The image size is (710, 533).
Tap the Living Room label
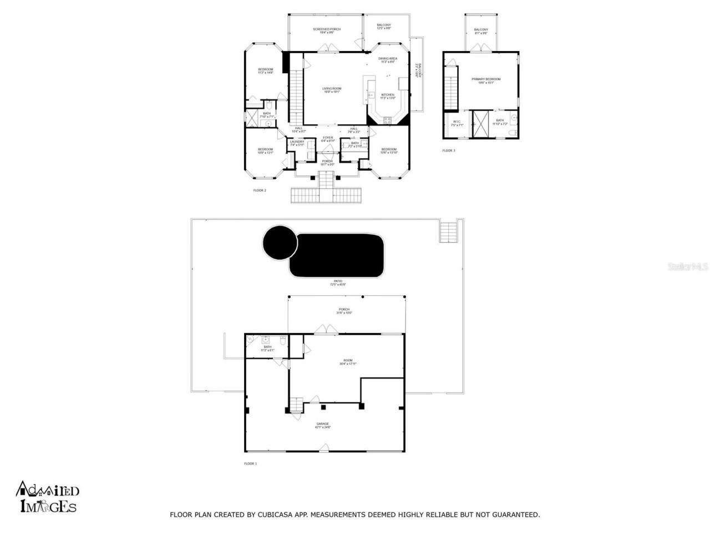tap(332, 90)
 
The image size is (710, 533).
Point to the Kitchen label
tap(387, 96)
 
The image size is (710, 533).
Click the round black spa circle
tap(280, 243)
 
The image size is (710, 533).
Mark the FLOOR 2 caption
tap(260, 190)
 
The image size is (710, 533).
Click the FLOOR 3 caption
tap(448, 150)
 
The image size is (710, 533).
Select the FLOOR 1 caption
tap(250, 464)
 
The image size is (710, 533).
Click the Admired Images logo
tap(48, 496)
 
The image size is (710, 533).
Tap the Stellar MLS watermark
tap(688, 266)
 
